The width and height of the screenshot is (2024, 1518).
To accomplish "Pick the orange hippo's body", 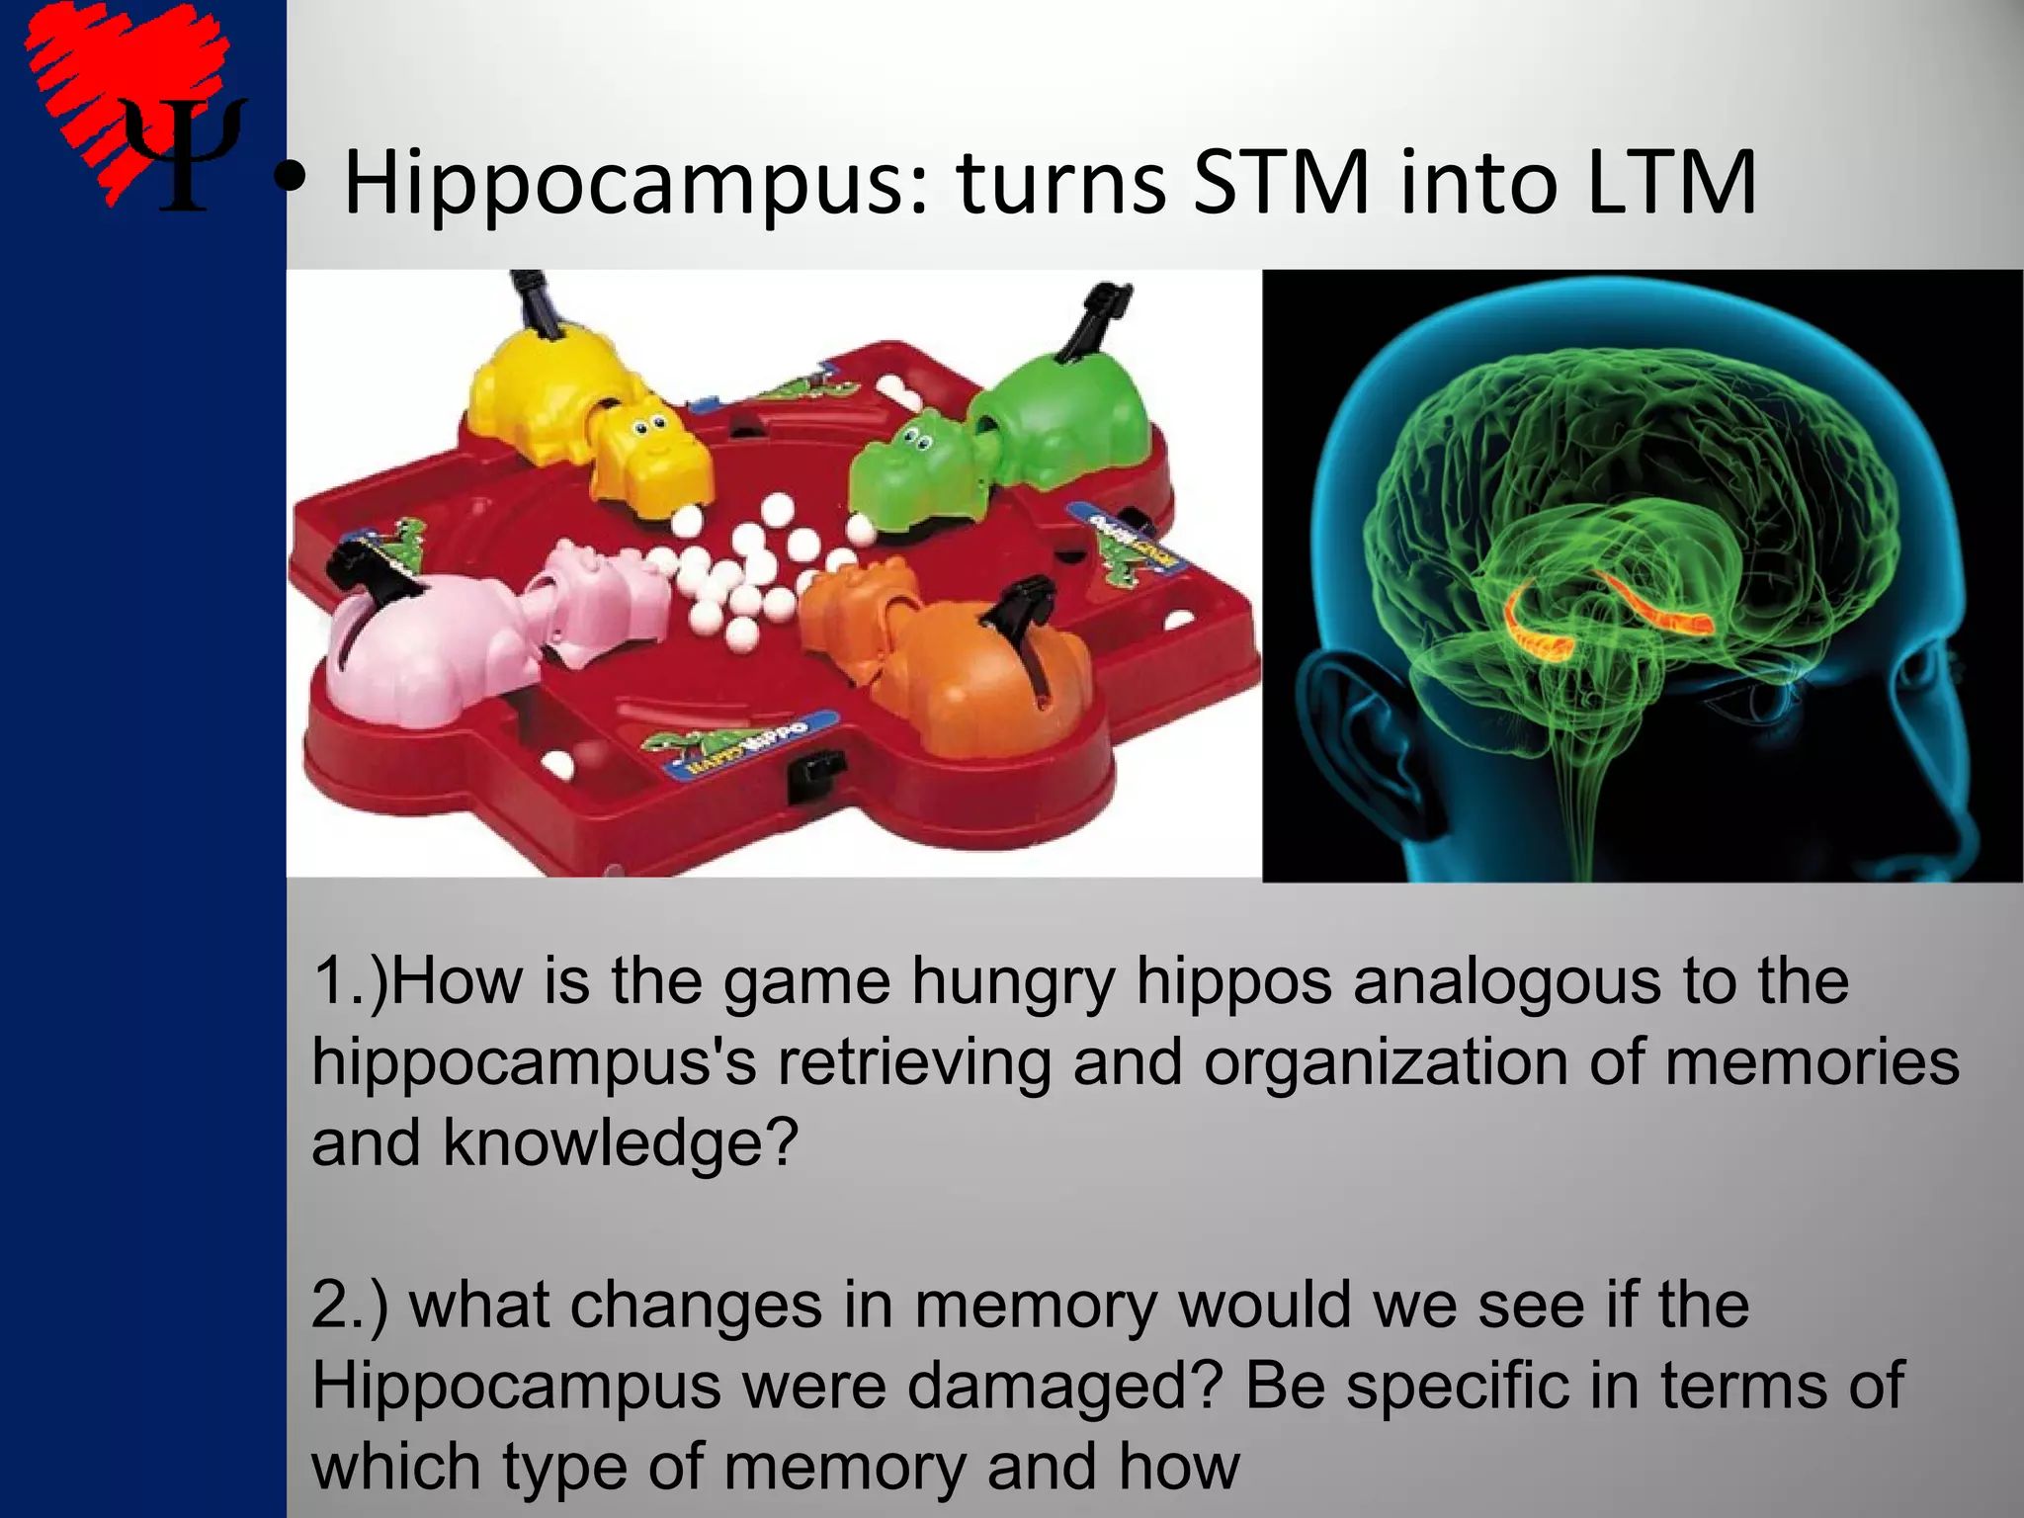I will pyautogui.click(x=978, y=682).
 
